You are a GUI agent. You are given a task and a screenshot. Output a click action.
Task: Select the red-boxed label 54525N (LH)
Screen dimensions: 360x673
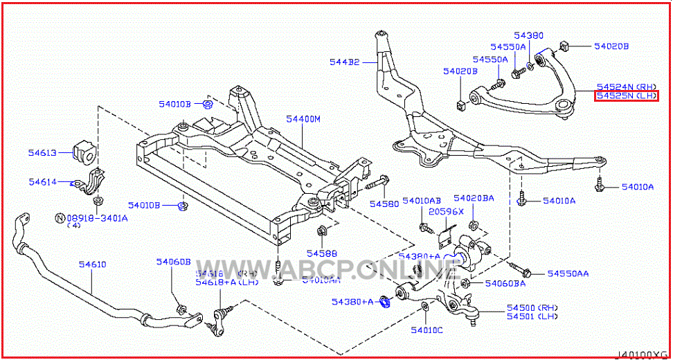(626, 96)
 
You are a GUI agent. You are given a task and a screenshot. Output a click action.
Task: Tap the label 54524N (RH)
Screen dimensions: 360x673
(626, 86)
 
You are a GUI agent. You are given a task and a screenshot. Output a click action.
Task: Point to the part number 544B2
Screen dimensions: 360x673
(344, 62)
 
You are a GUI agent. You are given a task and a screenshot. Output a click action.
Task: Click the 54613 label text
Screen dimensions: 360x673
(42, 152)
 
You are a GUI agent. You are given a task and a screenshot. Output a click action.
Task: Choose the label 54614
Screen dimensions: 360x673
(42, 181)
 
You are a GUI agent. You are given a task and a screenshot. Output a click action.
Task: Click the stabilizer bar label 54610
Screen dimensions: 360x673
(92, 264)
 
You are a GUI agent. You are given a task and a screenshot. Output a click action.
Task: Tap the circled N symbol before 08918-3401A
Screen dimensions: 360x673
(60, 217)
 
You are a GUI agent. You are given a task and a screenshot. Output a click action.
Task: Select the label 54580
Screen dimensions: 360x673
(384, 204)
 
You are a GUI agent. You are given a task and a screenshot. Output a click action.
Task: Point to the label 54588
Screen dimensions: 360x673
(321, 253)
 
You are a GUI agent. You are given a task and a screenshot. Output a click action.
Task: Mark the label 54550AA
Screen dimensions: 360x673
(568, 274)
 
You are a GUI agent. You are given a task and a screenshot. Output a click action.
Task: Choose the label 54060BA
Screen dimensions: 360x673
(505, 283)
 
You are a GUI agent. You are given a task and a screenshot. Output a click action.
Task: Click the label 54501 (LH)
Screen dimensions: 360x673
(532, 316)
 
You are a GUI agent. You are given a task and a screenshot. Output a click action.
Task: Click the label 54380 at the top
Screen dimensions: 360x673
(528, 35)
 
